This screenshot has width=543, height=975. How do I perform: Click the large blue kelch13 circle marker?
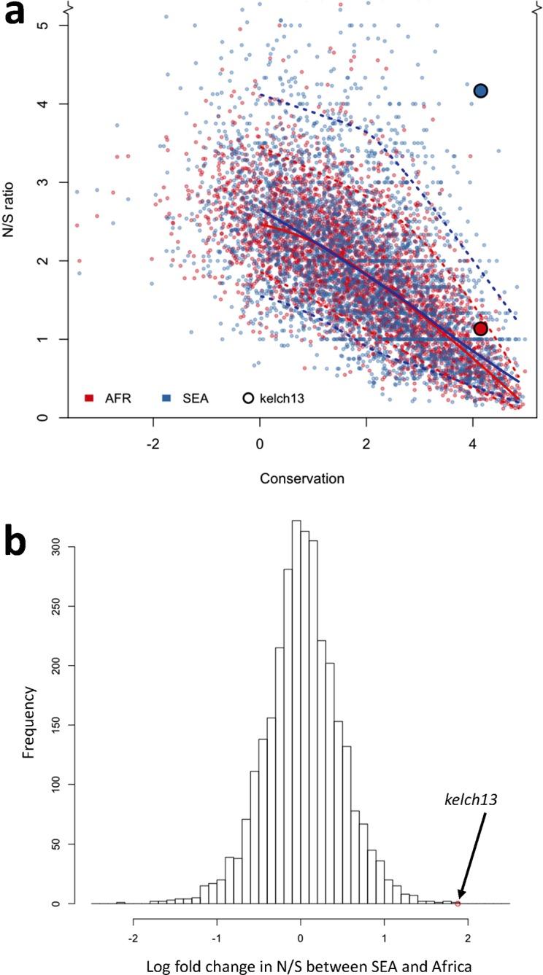pos(480,90)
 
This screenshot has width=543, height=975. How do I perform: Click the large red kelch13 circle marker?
pos(480,329)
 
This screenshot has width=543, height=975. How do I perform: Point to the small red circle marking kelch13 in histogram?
pos(458,904)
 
